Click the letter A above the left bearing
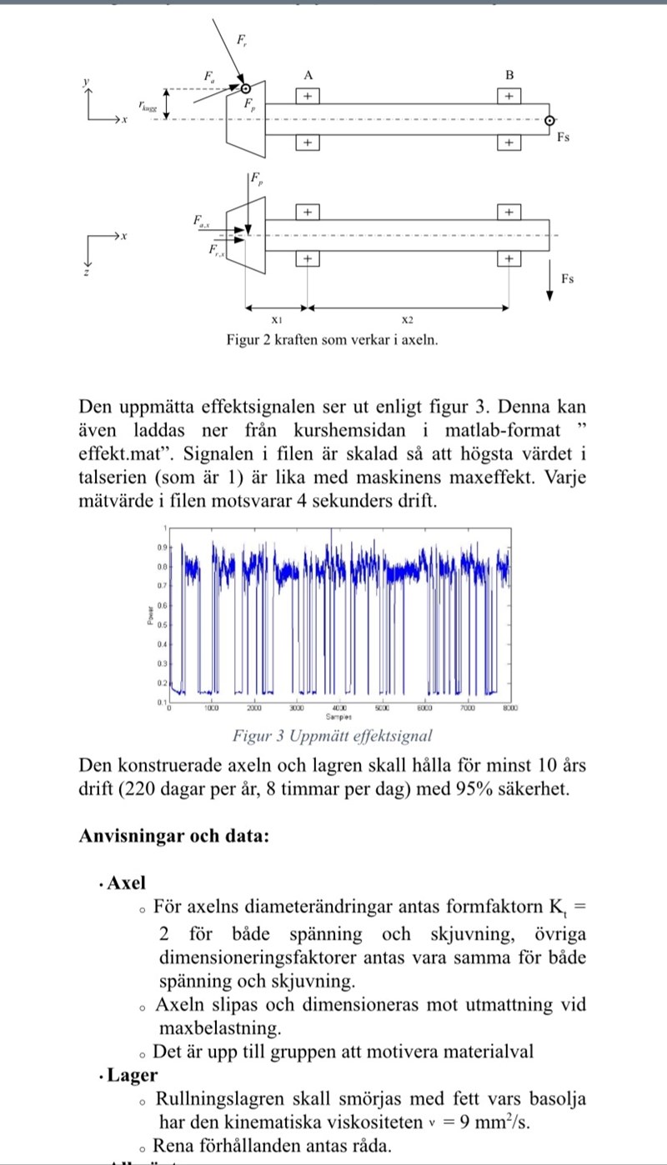coord(308,75)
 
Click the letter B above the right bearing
coord(509,75)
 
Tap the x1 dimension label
coord(278,320)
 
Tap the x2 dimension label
coord(407,320)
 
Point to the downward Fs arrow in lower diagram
coord(551,280)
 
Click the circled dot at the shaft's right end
coord(549,122)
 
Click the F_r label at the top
coord(241,39)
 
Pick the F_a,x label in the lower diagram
coord(203,221)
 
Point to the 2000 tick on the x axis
coord(253,708)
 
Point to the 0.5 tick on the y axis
coord(163,624)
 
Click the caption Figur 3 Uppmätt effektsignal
coord(333,736)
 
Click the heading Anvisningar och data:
coord(173,835)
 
